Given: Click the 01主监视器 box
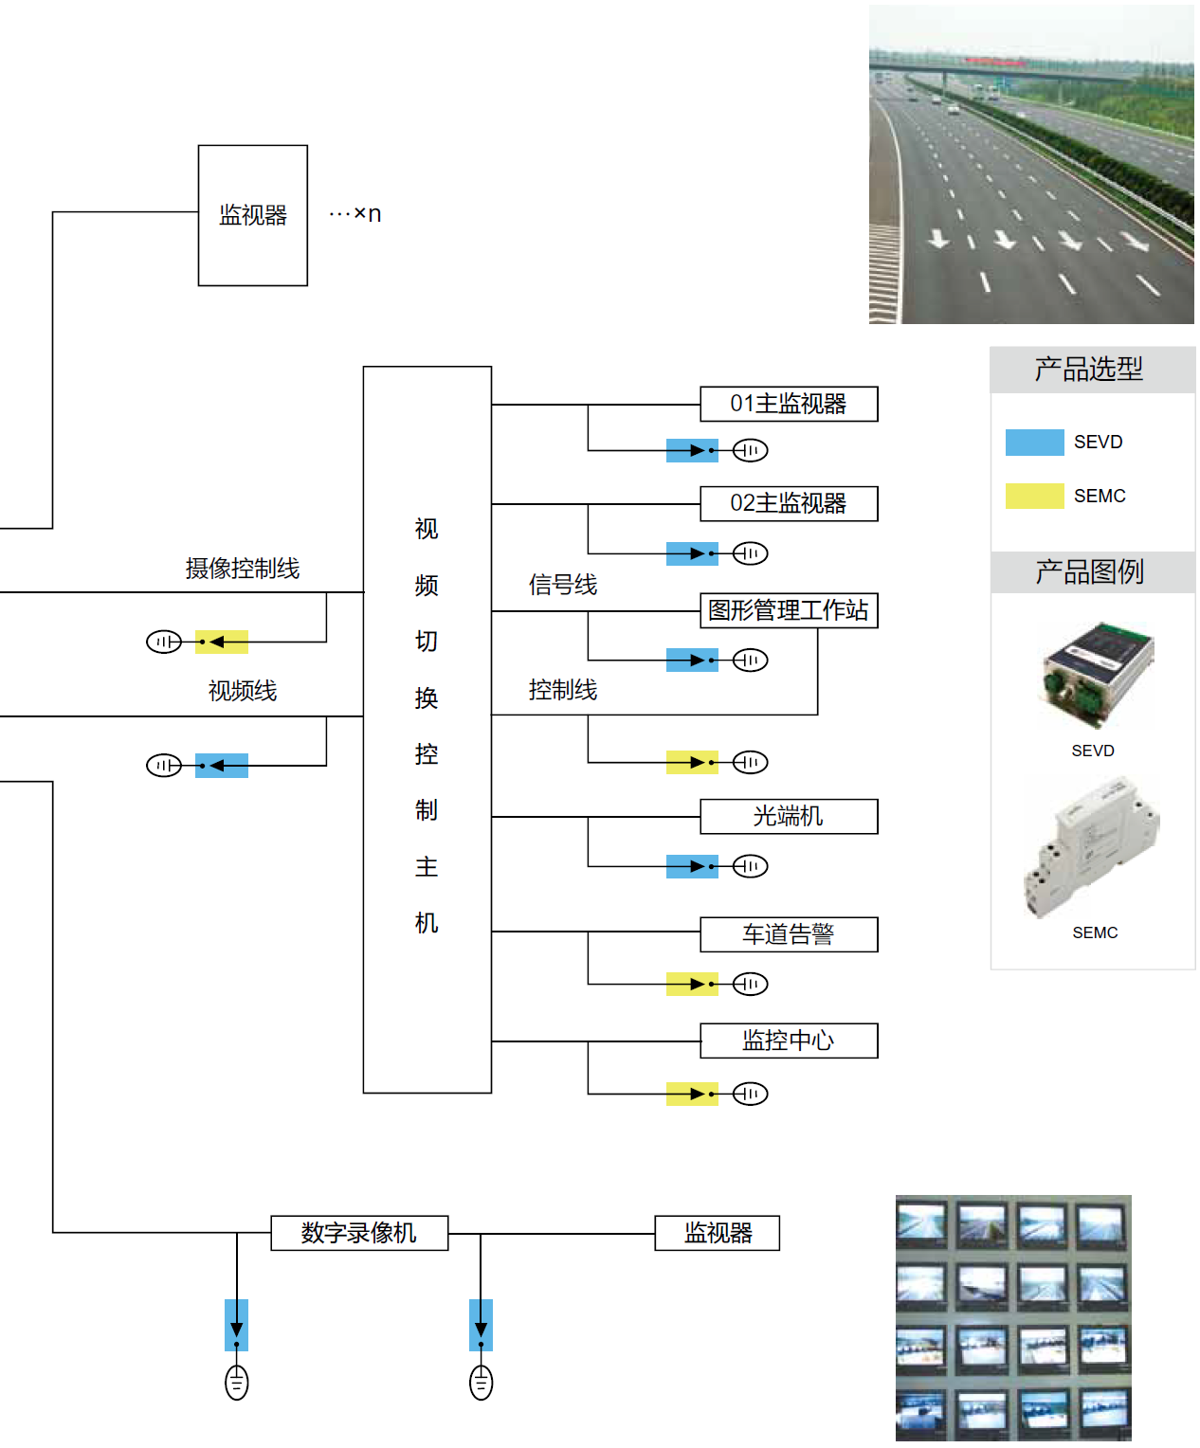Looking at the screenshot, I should [x=789, y=404].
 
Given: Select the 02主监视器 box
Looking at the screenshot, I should [x=789, y=503].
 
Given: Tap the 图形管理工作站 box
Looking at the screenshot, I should [x=789, y=610].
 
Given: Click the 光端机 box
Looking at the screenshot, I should [x=789, y=816].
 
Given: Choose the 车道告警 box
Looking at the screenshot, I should [x=789, y=934].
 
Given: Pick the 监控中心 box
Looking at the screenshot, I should [x=789, y=1041].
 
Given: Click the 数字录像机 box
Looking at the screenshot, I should [x=359, y=1233].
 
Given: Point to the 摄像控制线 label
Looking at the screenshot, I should [x=243, y=569].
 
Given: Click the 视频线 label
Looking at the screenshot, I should [x=243, y=691].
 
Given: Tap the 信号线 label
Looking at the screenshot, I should [x=563, y=585].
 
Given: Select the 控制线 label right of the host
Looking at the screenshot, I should [x=563, y=690].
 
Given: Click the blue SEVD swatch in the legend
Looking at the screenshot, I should [x=1034, y=443].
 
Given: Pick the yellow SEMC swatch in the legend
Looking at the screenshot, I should [x=1034, y=496].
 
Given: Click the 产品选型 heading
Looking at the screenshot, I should [x=1089, y=369].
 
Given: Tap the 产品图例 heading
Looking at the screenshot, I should [x=1089, y=571].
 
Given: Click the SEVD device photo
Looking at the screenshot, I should [x=1098, y=673].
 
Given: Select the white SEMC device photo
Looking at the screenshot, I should [x=1092, y=846].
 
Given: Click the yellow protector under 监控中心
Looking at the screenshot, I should [x=692, y=1094].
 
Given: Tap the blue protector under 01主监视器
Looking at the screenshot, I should [x=692, y=450].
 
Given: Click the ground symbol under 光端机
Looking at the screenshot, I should [x=750, y=866].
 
